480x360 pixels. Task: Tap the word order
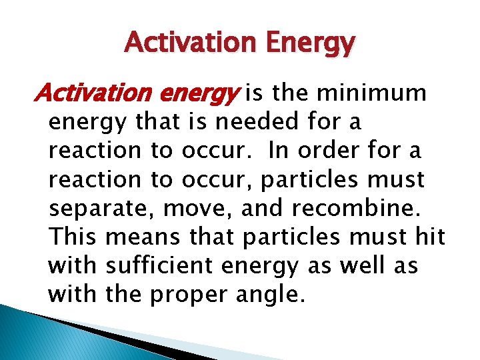(329, 151)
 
